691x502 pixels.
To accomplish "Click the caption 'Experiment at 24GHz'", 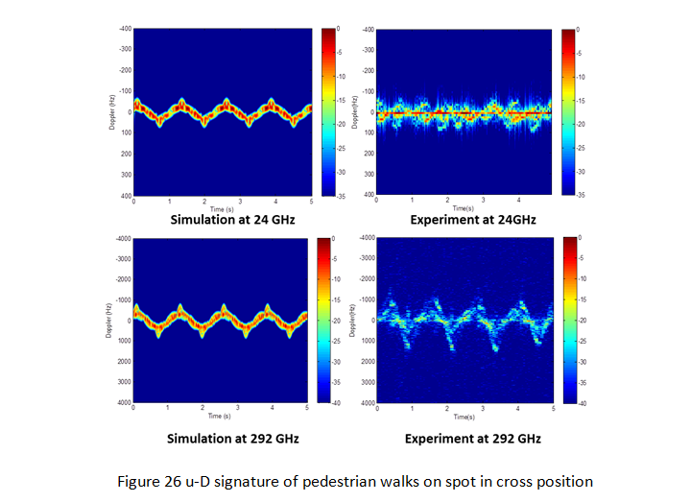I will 471,220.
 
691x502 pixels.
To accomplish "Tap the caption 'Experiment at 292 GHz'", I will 473,439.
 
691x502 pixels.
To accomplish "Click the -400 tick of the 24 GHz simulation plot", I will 125,30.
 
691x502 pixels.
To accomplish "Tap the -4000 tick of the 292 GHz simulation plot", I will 122,238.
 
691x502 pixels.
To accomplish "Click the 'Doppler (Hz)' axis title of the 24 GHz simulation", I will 112,112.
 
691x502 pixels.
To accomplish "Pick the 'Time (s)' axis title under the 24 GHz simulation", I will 222,208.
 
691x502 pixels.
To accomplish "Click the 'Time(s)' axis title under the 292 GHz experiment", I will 465,418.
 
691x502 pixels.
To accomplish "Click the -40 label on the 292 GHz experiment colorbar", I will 586,403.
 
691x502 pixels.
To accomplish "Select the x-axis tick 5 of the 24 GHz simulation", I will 310,201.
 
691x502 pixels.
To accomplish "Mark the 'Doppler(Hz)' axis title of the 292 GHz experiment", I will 355,321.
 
